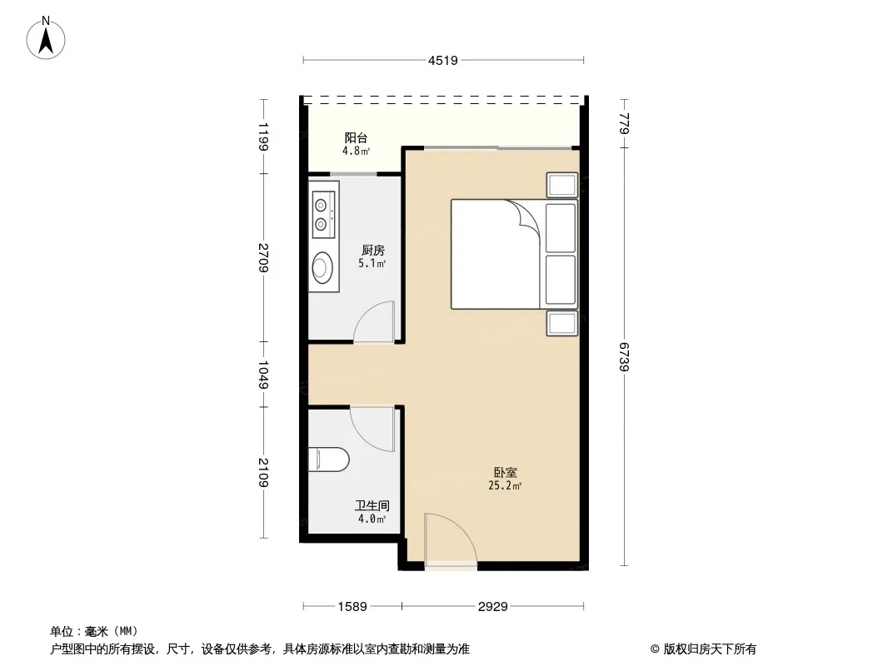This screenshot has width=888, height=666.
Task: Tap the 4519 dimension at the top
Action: [x=443, y=60]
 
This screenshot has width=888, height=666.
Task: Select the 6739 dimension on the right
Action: [x=624, y=357]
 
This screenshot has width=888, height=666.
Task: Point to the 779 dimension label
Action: [x=624, y=123]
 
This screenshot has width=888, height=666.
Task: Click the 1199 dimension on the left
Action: [x=263, y=137]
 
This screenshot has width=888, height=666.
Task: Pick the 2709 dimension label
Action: [x=263, y=257]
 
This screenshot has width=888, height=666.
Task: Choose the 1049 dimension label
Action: [x=263, y=375]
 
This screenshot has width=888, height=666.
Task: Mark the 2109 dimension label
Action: [x=263, y=473]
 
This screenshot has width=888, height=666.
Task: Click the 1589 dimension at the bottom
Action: [x=352, y=607]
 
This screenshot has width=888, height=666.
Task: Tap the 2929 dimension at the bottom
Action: [x=492, y=607]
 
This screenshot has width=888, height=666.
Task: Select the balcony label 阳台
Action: [x=357, y=137]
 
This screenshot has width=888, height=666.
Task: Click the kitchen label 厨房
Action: [x=372, y=250]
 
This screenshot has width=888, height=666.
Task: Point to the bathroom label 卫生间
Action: [x=372, y=505]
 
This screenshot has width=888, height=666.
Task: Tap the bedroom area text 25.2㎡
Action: [x=505, y=485]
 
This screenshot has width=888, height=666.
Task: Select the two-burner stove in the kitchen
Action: [x=324, y=215]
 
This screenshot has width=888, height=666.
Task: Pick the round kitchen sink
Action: [x=323, y=267]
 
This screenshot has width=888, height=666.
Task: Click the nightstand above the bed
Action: [x=561, y=185]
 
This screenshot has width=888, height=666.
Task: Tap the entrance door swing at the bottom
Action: [x=451, y=538]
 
